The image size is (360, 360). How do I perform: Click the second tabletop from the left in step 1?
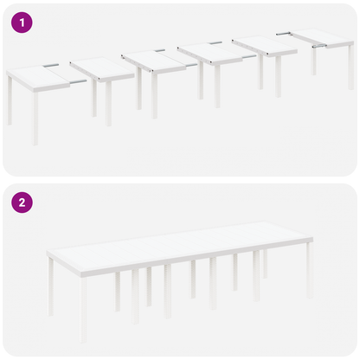click(x=100, y=68)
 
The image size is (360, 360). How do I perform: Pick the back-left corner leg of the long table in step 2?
click(x=51, y=286)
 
